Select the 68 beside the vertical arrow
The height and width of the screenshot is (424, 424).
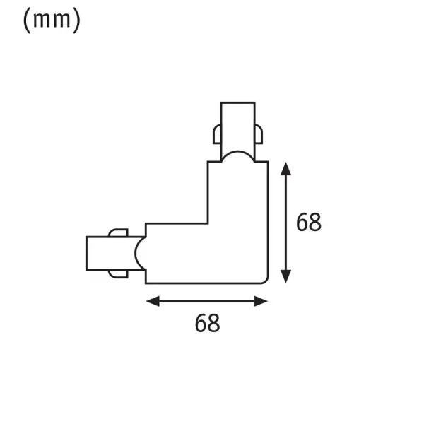pos(308,223)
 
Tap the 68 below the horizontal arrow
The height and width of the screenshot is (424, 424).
pos(207,324)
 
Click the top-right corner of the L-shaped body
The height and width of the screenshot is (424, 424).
pos(269,162)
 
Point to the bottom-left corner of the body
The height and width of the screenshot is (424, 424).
pos(146,283)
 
